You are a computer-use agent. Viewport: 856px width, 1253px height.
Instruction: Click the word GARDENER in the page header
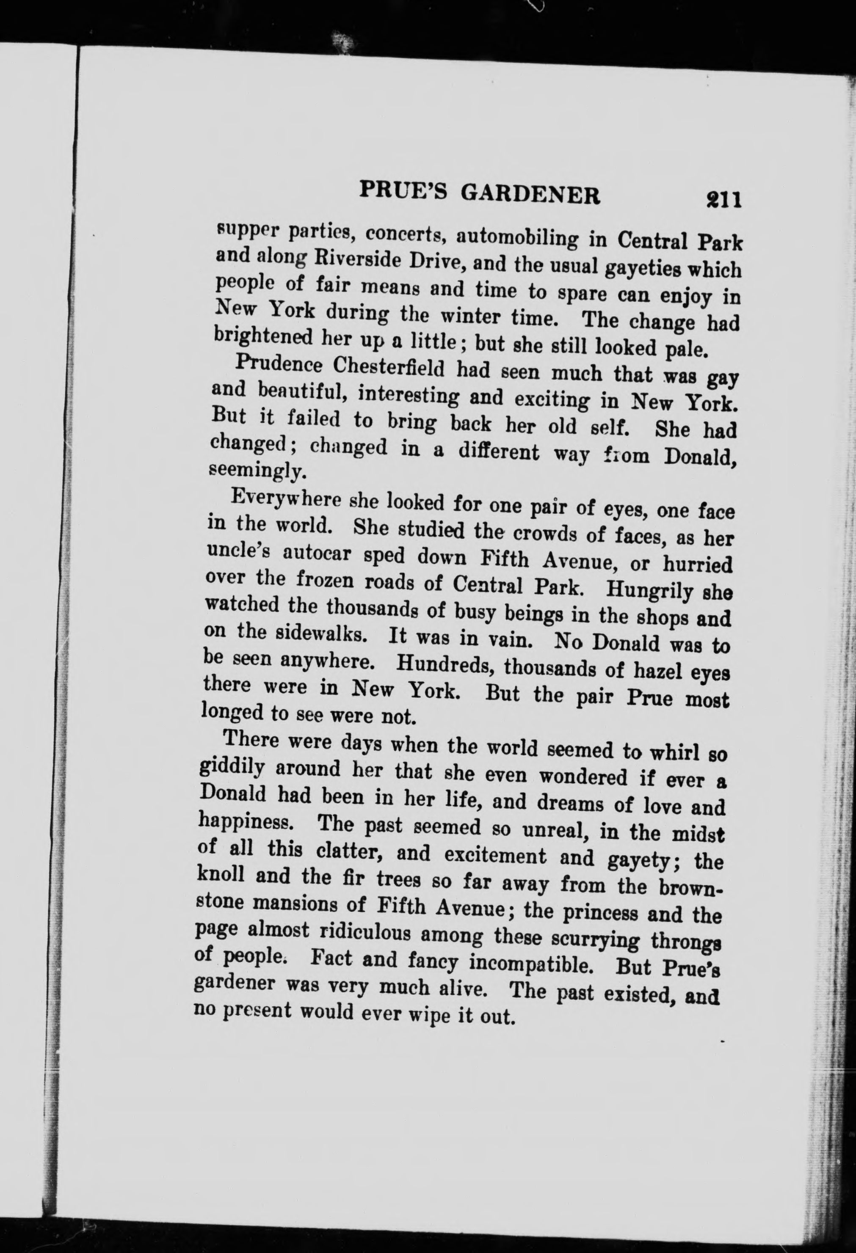coord(531,195)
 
